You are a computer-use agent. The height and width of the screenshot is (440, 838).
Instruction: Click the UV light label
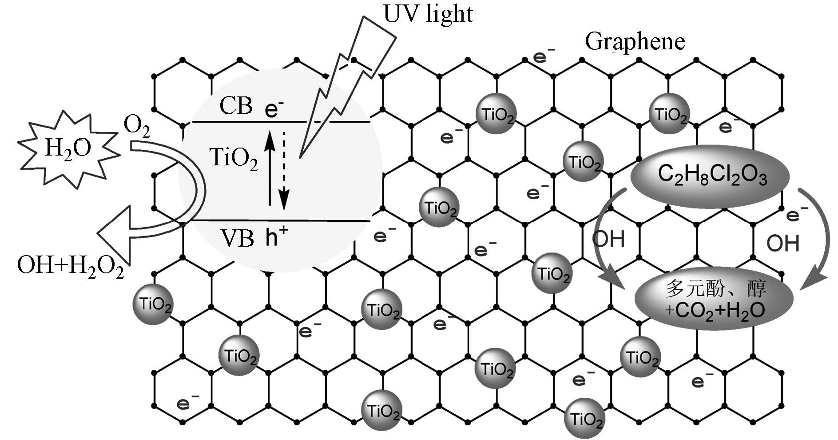tap(428, 14)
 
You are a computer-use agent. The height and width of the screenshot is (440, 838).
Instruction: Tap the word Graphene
tap(635, 41)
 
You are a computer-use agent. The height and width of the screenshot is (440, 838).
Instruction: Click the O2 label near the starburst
tap(136, 127)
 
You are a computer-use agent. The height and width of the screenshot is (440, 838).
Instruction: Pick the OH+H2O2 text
tap(70, 268)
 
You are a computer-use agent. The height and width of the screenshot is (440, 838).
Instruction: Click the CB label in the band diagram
tap(236, 106)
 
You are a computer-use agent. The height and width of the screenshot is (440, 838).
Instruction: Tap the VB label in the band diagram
tap(237, 239)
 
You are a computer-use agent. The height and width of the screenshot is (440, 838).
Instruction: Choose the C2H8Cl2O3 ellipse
tap(710, 176)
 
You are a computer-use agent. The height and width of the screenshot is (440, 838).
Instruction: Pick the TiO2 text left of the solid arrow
tap(233, 158)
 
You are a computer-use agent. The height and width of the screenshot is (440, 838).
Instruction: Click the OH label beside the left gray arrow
tap(608, 239)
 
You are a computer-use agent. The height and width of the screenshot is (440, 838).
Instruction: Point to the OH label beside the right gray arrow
tap(783, 243)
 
